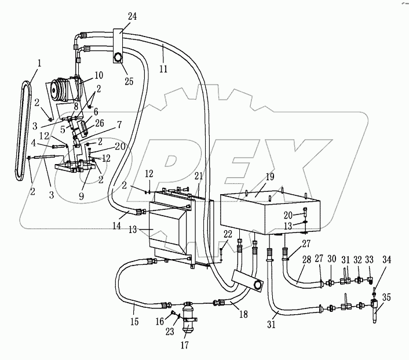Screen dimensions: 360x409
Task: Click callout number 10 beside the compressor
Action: [x=98, y=75]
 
